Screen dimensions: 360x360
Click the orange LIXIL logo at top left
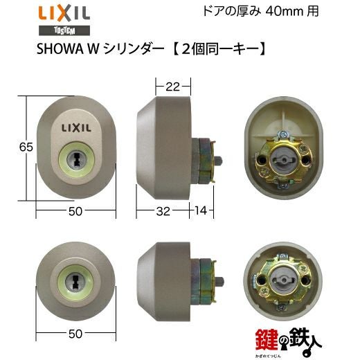[x=64, y=14]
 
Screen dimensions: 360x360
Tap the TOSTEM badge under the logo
[x=64, y=30]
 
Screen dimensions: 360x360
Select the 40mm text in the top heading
[x=285, y=11]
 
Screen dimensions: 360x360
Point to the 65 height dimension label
[x=26, y=147]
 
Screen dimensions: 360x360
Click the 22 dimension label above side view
[x=172, y=87]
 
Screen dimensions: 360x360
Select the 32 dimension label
[x=163, y=211]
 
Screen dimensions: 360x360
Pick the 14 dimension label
[x=201, y=210]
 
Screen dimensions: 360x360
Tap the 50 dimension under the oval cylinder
[x=75, y=211]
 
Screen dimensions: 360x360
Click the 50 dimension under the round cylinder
[x=75, y=334]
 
